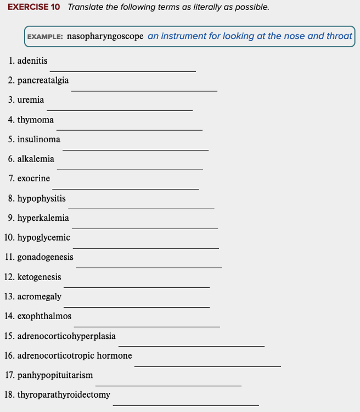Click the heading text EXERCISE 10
coord(33,7)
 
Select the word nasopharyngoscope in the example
coord(105,36)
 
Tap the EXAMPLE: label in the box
coord(45,37)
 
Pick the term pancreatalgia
coord(43,80)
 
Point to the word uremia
coord(31,100)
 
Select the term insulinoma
coord(38,140)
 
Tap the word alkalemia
coord(36,159)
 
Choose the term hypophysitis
coord(41,198)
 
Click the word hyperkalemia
coord(43,218)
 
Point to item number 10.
coord(9,238)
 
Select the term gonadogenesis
coord(45,257)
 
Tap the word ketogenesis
coord(39,277)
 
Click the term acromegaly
coord(39,297)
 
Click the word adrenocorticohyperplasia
coord(66,336)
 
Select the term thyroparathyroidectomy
coord(64,394)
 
